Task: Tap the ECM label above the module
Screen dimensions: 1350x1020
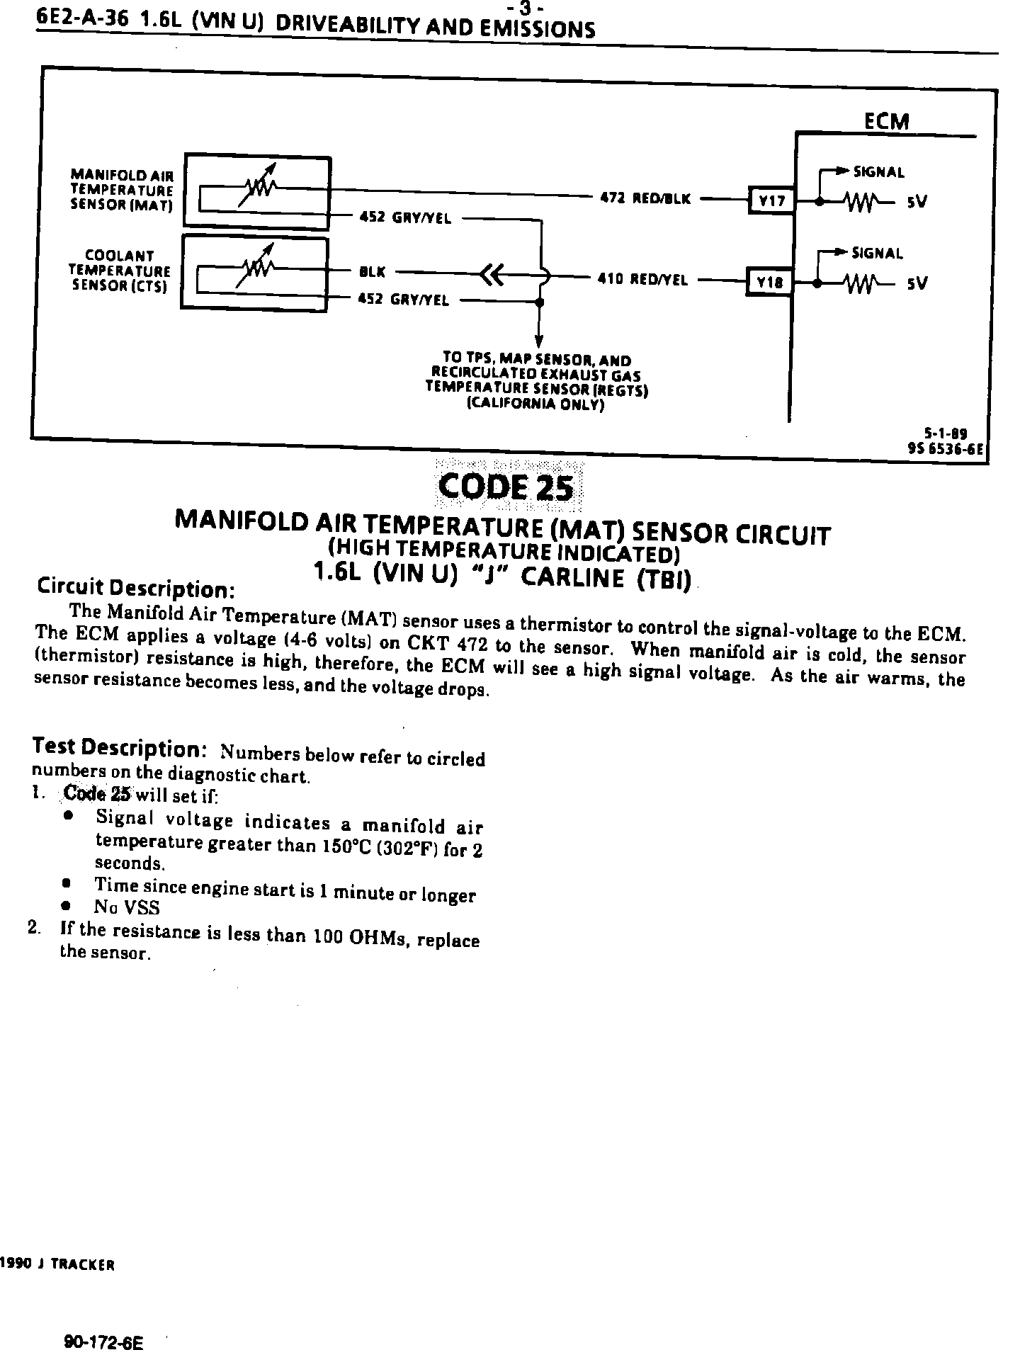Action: point(886,121)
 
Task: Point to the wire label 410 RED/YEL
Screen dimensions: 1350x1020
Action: point(642,280)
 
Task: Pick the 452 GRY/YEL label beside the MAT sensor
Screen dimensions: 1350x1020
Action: point(405,217)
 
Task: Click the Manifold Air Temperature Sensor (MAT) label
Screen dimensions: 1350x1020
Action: point(122,189)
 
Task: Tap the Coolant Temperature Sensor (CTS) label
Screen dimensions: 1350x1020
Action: point(120,271)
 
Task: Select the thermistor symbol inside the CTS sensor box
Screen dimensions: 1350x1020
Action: point(257,268)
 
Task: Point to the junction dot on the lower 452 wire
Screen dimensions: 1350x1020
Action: point(540,302)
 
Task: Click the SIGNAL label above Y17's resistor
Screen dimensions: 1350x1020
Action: point(878,172)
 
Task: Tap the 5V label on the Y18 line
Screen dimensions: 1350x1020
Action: point(917,284)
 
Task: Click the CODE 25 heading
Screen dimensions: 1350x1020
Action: point(506,487)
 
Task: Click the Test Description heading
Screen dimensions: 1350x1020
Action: point(120,747)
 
